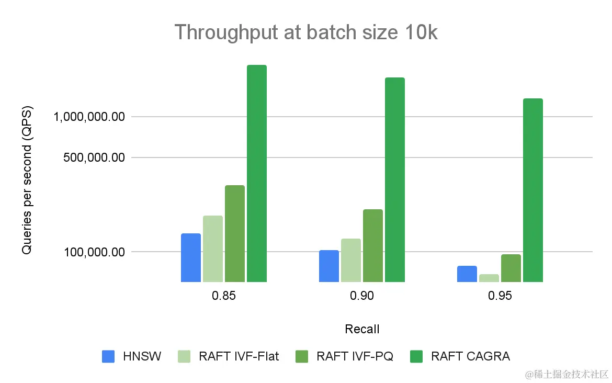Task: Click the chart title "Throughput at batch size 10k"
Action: pyautogui.click(x=305, y=32)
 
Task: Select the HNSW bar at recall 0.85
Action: pyautogui.click(x=191, y=257)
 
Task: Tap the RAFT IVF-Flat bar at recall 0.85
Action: pyautogui.click(x=213, y=249)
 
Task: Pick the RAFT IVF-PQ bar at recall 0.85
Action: pyautogui.click(x=235, y=233)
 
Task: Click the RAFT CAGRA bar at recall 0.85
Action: pyautogui.click(x=257, y=173)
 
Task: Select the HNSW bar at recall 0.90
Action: pyautogui.click(x=329, y=266)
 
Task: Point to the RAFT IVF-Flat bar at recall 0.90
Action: pyautogui.click(x=351, y=260)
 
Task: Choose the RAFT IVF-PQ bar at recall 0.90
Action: pyautogui.click(x=373, y=245)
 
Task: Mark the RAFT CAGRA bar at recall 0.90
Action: pyautogui.click(x=395, y=179)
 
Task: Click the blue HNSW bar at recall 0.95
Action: pyautogui.click(x=467, y=274)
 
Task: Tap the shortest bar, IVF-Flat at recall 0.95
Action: pyautogui.click(x=489, y=278)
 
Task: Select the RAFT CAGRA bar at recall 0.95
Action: pyautogui.click(x=533, y=190)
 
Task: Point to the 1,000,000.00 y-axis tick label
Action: pyautogui.click(x=89, y=117)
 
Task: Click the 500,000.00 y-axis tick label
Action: pyautogui.click(x=94, y=157)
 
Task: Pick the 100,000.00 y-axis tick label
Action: pyautogui.click(x=94, y=252)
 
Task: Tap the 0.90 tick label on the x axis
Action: pyautogui.click(x=362, y=296)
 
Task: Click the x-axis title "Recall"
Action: pyautogui.click(x=362, y=329)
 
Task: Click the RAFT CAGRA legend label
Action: pyautogui.click(x=470, y=356)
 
